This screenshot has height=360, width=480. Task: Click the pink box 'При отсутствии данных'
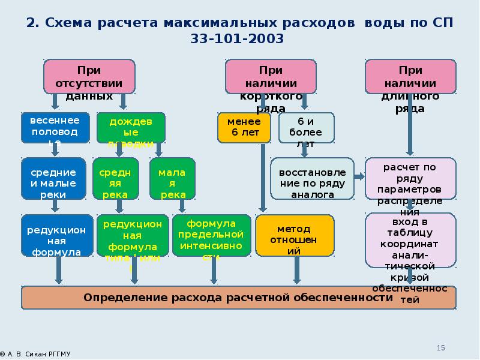[x=89, y=76]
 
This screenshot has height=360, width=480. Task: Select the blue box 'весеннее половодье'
[x=55, y=127]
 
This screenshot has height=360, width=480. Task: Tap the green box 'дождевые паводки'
[x=131, y=127]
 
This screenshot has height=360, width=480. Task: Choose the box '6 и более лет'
[x=306, y=127]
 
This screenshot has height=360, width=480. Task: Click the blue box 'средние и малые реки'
[x=55, y=178]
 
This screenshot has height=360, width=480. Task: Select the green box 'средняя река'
[x=115, y=178]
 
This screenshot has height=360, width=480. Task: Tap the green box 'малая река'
[x=172, y=178]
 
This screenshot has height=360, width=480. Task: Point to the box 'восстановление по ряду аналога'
[x=312, y=178]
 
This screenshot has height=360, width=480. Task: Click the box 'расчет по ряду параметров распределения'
[x=410, y=178]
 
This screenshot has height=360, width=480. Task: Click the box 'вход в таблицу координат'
[x=410, y=240]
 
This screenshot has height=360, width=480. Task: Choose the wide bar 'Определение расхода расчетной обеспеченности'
[x=239, y=298]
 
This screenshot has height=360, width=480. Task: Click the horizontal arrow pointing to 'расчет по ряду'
[x=359, y=176]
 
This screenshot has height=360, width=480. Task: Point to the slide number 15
[x=440, y=348]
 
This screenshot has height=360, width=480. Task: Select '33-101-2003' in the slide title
[x=239, y=39]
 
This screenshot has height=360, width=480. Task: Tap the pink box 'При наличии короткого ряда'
[x=271, y=76]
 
